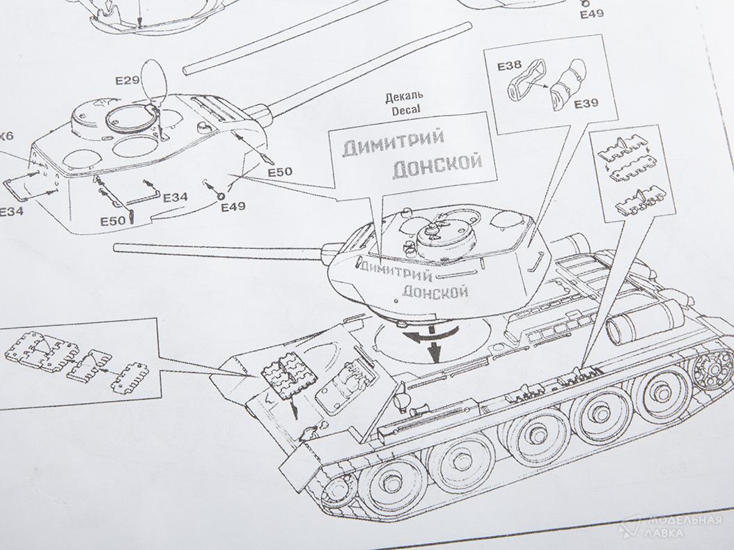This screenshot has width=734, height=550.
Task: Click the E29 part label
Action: coord(128,81)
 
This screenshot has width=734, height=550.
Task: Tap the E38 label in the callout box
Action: coord(510,66)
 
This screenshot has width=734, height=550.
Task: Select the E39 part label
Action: coord(586,104)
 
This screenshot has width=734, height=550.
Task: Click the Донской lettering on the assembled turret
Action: coord(435,291)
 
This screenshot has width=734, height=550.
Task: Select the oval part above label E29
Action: coord(155,77)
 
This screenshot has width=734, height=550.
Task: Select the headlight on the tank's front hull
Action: coord(400,400)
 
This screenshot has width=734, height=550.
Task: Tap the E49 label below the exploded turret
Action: coord(233,207)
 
